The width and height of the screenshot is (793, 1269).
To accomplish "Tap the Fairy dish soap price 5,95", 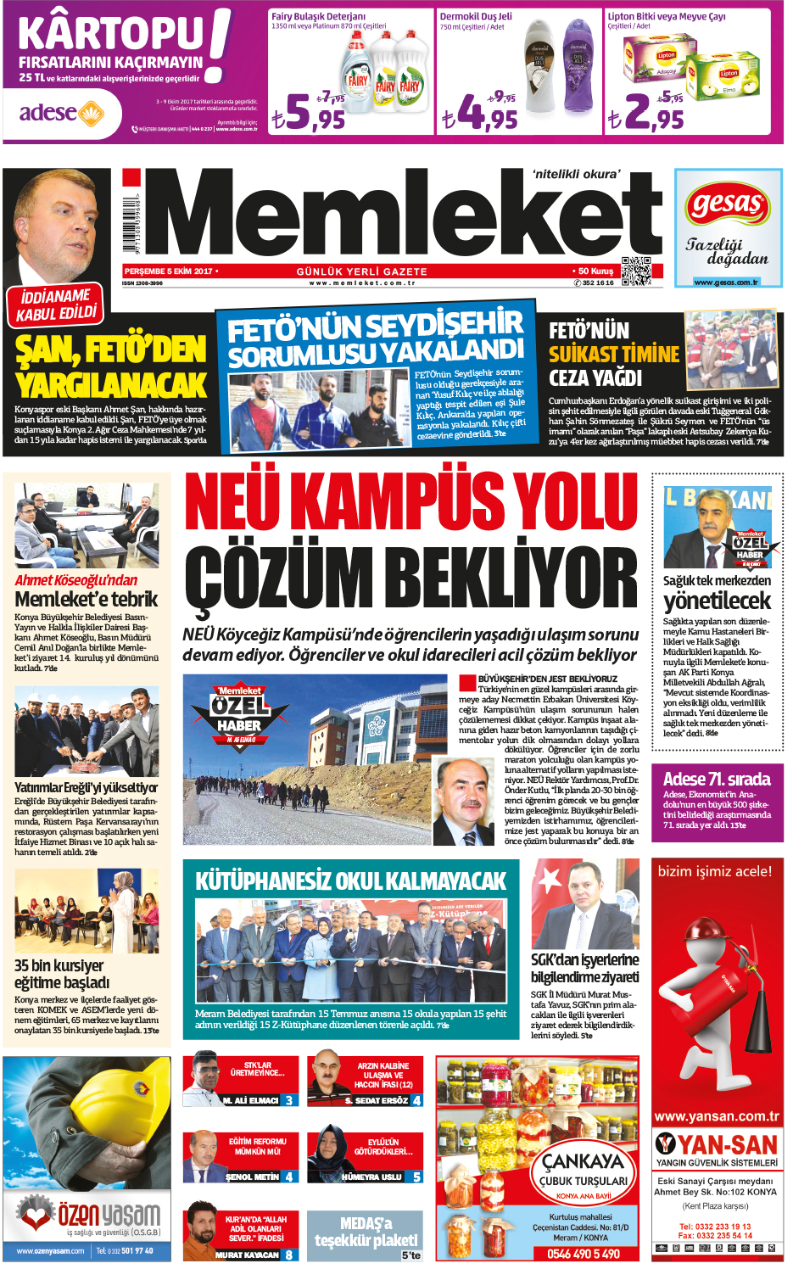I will click(x=309, y=112).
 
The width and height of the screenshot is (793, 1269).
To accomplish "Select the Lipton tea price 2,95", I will click(x=645, y=112).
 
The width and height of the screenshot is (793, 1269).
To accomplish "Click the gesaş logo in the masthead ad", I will click(x=728, y=204).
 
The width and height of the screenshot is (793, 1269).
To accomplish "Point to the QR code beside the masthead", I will click(x=637, y=271).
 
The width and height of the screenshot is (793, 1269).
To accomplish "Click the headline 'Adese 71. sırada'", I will click(x=717, y=779).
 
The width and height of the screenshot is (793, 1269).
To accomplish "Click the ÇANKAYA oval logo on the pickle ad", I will click(x=584, y=1170).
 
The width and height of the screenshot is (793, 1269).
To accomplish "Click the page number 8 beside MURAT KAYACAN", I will click(x=289, y=1255).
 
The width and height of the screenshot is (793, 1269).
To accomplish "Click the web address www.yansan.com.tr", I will click(x=717, y=1116).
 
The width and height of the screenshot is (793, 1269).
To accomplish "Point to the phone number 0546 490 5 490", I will click(x=583, y=1254).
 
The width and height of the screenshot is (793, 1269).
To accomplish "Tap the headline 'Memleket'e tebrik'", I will click(x=86, y=599).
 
